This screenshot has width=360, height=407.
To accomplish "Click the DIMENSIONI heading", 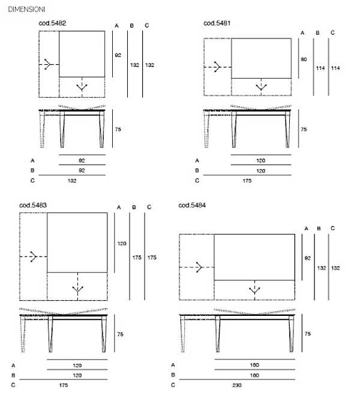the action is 26,10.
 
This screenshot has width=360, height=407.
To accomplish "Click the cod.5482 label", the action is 52,23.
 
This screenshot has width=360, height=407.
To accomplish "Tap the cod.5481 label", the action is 217,23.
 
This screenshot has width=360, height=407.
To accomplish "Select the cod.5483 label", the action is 33,206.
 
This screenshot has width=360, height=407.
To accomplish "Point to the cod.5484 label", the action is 192,206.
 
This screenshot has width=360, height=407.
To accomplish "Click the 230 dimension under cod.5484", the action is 237,385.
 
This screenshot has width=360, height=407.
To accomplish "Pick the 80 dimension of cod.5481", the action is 304,59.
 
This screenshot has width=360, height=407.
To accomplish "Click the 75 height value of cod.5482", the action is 118,129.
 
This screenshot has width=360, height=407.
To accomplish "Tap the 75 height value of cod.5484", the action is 308,334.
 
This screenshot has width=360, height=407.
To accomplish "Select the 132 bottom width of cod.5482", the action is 72,180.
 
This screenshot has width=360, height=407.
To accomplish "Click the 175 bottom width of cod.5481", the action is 247,180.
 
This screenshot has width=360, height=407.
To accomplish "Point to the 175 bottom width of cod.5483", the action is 64,385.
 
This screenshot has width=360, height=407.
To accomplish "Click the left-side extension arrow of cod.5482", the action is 49,64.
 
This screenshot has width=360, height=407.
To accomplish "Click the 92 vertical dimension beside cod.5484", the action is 308,258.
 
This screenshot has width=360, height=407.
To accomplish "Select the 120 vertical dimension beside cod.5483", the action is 122,243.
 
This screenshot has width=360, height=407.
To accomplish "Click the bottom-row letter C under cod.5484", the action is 173,385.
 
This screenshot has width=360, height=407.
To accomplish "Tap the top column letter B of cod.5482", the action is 131,26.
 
